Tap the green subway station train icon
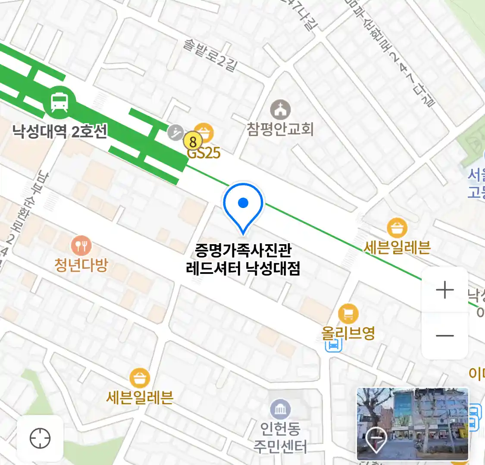tap(59, 102)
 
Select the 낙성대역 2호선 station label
tap(59, 130)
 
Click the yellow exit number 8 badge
tap(193, 141)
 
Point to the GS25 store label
tap(204, 153)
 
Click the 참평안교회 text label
tap(280, 129)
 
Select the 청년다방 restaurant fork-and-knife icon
tap(81, 246)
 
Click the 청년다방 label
tap(81, 265)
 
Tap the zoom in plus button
tap(444, 290)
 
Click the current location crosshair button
tap(40, 438)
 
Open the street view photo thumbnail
tap(412, 424)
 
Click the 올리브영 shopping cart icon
tap(348, 313)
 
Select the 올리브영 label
tap(348, 333)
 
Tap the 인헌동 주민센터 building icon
tap(280, 409)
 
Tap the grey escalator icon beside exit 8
tap(175, 132)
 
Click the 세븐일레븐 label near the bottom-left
tap(140, 397)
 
